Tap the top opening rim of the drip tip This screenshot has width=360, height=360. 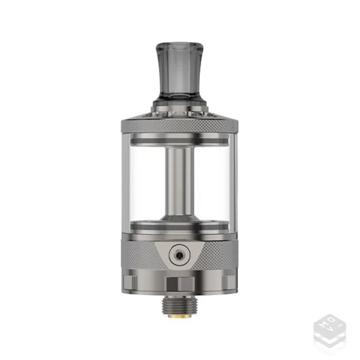click(x=180, y=43)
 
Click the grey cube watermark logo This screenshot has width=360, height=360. click(x=329, y=330)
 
